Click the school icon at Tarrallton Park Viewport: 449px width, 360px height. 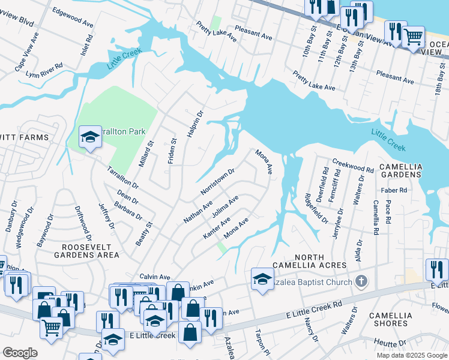click(x=90, y=137)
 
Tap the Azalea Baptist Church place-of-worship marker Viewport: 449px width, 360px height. click(x=361, y=280)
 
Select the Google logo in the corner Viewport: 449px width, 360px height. click(x=20, y=353)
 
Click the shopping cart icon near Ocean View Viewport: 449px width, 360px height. click(x=413, y=37)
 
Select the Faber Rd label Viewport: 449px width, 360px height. click(x=394, y=190)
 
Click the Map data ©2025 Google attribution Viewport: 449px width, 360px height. click(x=411, y=355)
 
